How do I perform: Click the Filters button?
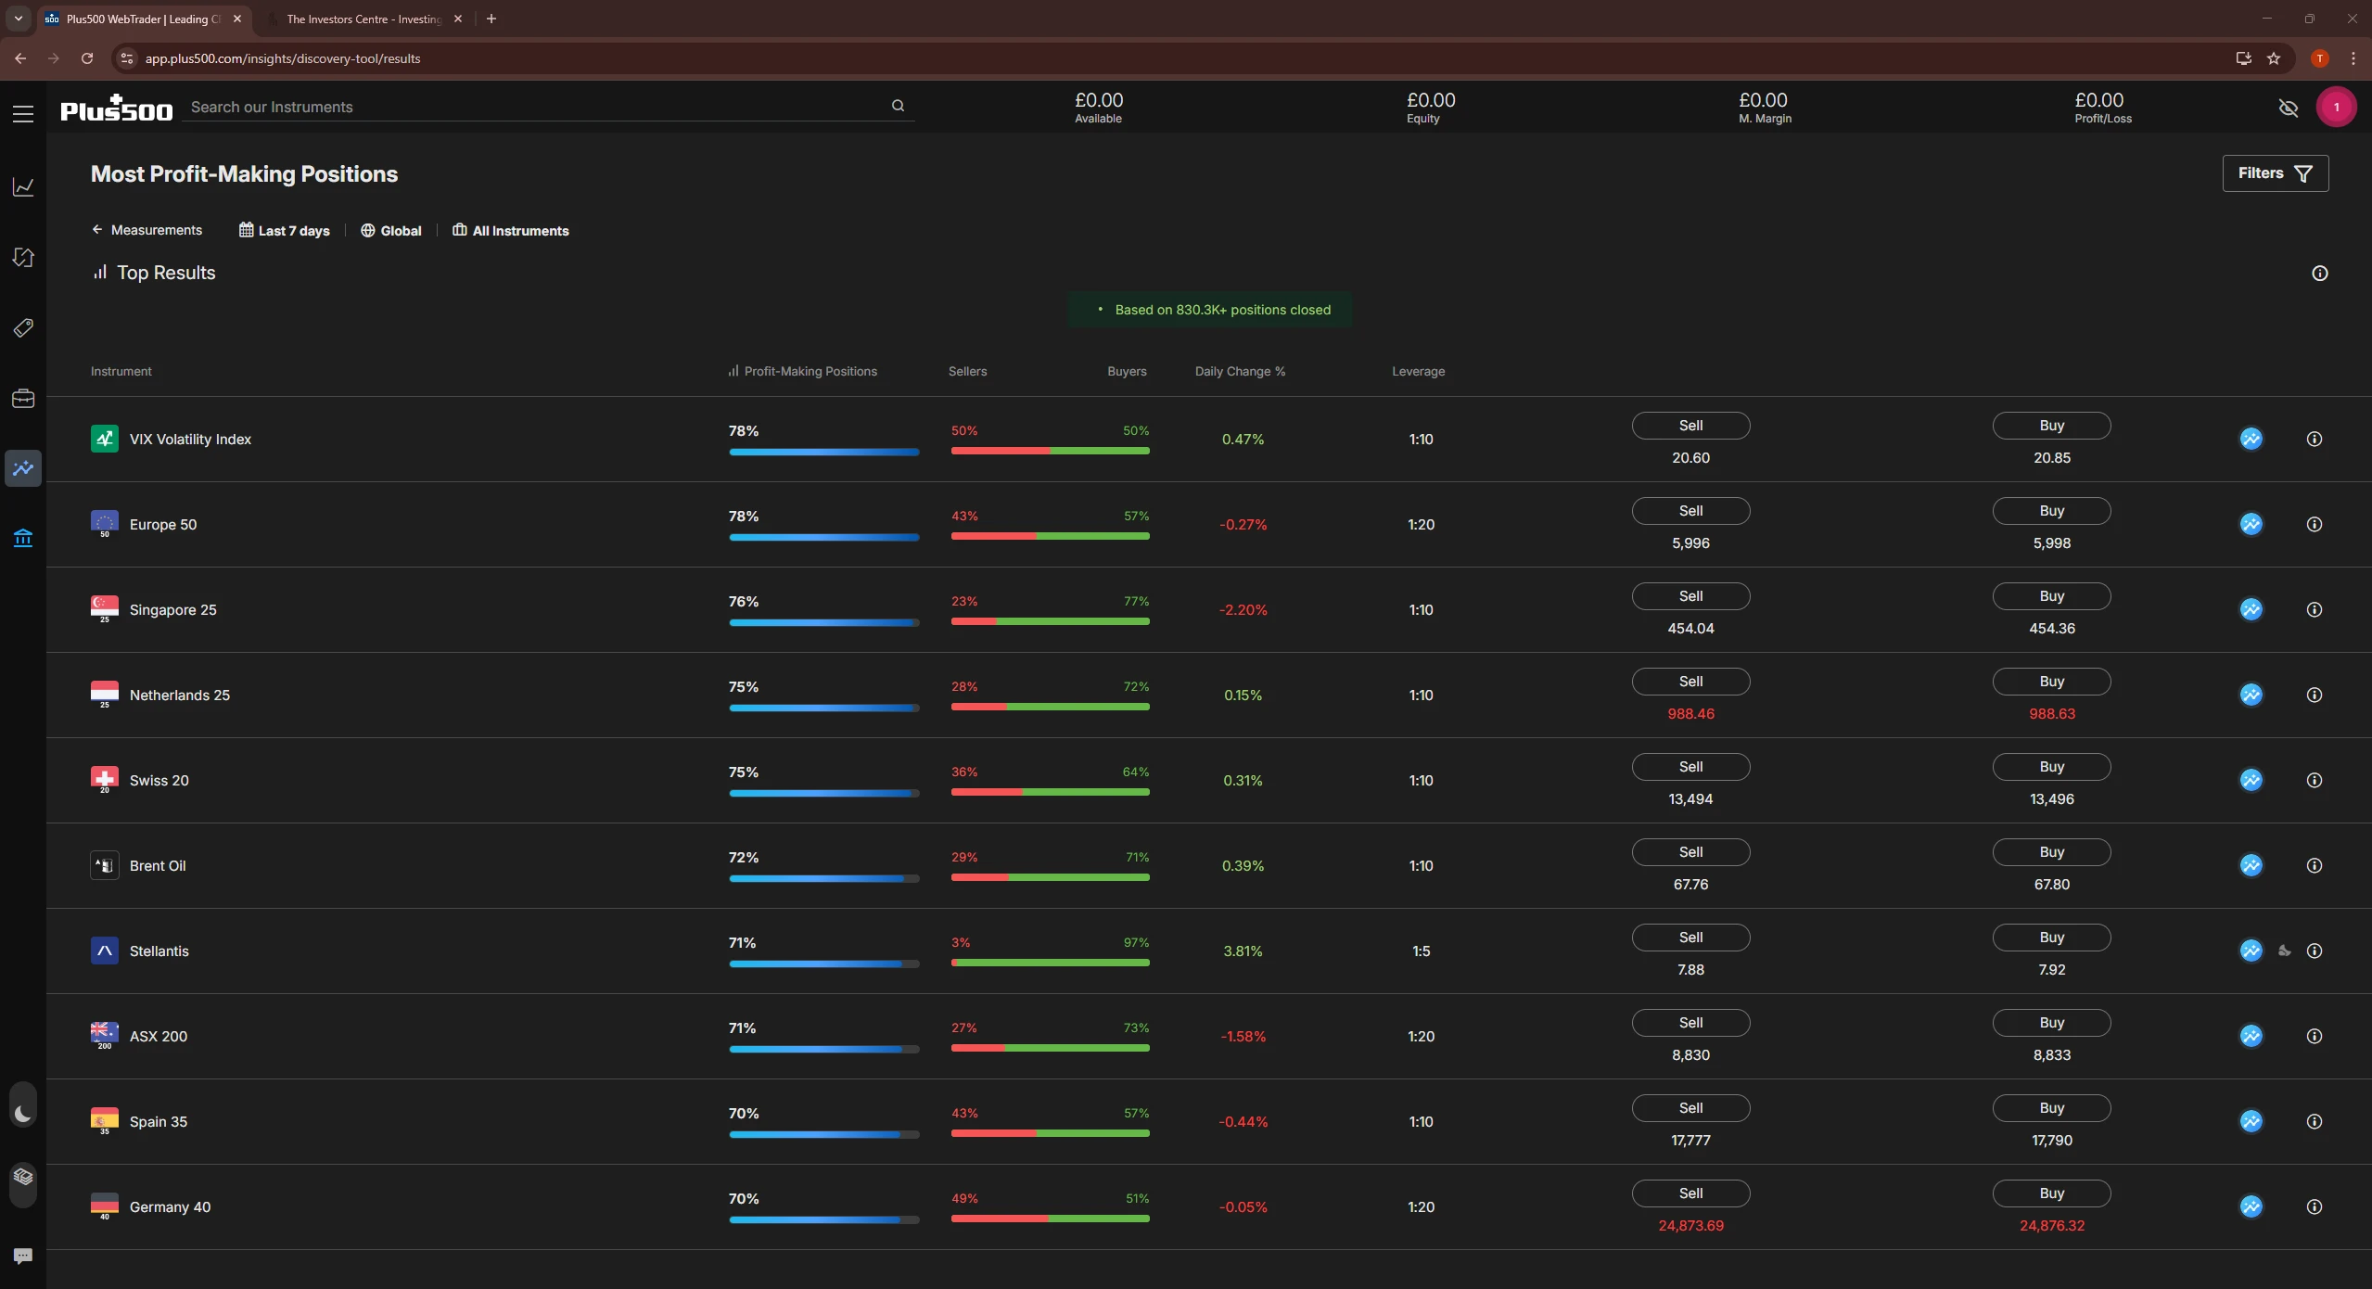click(x=2274, y=173)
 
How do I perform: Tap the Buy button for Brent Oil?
click(x=2050, y=852)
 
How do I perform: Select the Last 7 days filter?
click(x=285, y=231)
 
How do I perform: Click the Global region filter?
click(x=390, y=231)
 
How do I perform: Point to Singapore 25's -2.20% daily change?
click(x=1243, y=610)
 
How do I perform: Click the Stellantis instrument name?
click(x=159, y=951)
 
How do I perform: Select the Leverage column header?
click(x=1417, y=372)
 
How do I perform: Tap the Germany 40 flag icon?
click(x=104, y=1205)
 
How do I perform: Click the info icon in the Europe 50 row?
click(x=2314, y=525)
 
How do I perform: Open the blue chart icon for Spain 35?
click(x=2251, y=1121)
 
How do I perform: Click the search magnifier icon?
click(x=897, y=106)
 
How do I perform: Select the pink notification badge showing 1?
click(x=2335, y=108)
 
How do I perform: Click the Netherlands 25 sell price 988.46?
click(x=1690, y=714)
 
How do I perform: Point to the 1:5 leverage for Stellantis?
click(x=1420, y=951)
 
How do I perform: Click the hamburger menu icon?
click(x=23, y=114)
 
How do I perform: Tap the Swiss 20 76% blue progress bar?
click(x=823, y=794)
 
